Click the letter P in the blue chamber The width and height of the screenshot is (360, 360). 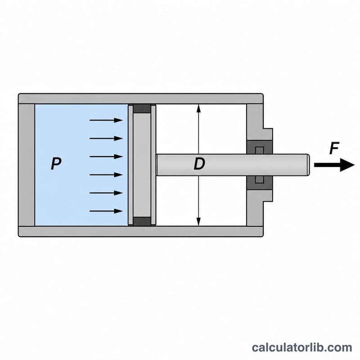click(56, 163)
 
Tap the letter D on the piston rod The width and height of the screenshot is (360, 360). click(199, 163)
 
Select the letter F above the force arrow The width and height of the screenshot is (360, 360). click(334, 148)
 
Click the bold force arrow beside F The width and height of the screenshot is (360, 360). click(334, 165)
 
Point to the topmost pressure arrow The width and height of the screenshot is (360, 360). click(106, 120)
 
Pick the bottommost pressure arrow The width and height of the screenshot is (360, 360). click(106, 211)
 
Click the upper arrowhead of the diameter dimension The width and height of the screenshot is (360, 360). click(198, 108)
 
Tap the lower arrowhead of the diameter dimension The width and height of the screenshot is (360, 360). click(198, 221)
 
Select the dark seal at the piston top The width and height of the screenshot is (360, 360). click(142, 108)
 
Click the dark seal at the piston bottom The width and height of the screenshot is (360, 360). click(142, 221)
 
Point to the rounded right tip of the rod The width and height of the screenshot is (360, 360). click(308, 165)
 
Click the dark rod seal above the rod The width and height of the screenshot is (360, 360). click(260, 148)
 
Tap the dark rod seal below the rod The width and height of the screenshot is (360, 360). click(260, 183)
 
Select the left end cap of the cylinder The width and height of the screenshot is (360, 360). click(27, 165)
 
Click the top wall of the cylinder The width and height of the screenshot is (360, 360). click(141, 99)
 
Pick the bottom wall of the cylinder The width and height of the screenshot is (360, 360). click(141, 231)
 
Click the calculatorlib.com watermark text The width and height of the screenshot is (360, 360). click(302, 347)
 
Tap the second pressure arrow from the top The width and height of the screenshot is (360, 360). click(106, 139)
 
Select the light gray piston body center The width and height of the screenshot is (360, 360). click(142, 165)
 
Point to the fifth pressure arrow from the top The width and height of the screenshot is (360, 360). click(106, 193)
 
